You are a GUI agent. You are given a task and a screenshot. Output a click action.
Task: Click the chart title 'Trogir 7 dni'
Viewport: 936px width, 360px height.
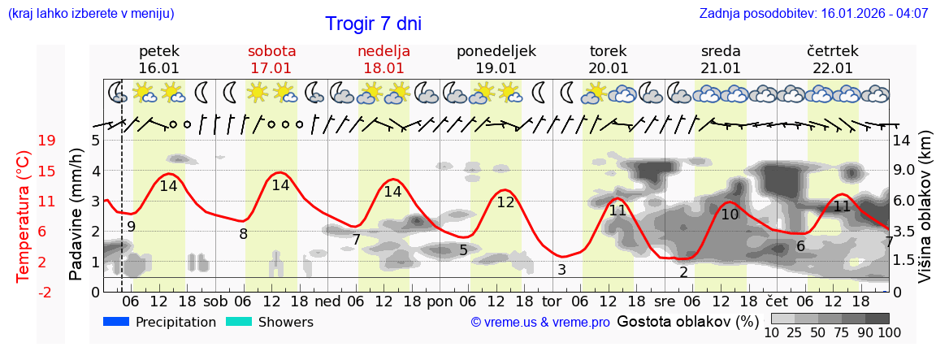pos(373,24)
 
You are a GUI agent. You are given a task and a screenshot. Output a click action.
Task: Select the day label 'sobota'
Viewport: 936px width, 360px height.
pos(271,51)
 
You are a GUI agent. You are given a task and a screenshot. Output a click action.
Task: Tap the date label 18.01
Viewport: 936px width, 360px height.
pos(383,68)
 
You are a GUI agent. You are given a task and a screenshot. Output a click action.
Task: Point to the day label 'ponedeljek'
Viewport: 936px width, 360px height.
pos(496,51)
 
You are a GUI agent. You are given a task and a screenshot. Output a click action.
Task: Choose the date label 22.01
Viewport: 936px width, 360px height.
pos(833,68)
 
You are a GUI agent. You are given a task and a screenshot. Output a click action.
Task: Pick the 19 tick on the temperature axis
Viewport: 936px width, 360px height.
pos(46,141)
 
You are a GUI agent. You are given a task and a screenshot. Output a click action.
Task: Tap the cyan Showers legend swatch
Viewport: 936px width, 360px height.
pos(238,322)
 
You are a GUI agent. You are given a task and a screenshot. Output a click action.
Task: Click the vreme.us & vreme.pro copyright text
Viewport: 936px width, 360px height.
pos(539,323)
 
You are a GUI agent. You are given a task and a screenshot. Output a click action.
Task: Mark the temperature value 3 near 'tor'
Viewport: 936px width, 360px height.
pos(561,269)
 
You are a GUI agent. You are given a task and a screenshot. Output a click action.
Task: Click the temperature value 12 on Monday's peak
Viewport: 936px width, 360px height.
pos(505,202)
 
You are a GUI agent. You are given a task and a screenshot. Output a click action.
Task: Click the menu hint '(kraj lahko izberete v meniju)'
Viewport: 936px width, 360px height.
pos(90,14)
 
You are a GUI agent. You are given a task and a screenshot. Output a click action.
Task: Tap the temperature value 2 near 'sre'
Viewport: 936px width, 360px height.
pos(684,271)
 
